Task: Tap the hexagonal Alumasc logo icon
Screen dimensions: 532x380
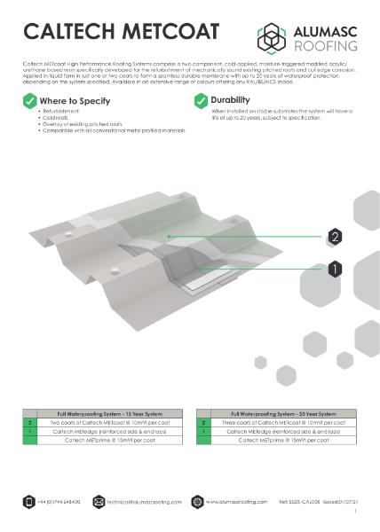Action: coord(272,36)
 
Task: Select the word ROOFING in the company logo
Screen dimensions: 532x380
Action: coord(324,43)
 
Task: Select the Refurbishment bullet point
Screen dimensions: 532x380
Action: coord(57,113)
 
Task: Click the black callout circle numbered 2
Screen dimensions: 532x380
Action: coord(335,237)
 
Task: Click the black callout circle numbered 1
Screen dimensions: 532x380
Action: coord(335,267)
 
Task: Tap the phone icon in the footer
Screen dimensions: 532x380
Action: coord(28,502)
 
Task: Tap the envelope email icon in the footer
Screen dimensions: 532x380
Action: coord(99,502)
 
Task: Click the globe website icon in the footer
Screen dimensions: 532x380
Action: coord(197,502)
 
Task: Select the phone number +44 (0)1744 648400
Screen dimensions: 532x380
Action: coord(59,502)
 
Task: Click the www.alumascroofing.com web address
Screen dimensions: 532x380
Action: coord(237,502)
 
